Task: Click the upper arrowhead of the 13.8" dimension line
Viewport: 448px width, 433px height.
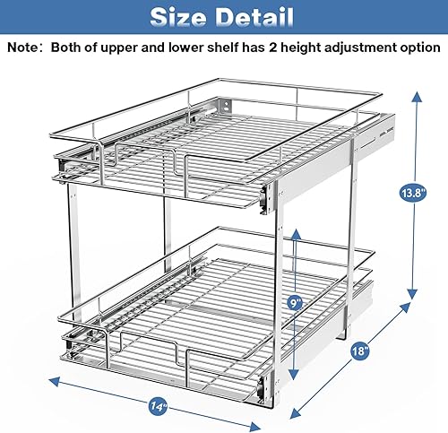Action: point(415,90)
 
